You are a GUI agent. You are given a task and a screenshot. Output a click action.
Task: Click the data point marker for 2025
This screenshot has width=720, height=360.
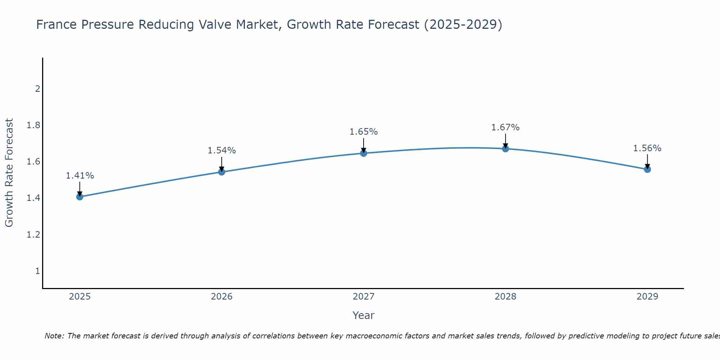(80, 197)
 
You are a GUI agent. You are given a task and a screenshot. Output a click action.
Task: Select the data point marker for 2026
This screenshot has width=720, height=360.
(222, 172)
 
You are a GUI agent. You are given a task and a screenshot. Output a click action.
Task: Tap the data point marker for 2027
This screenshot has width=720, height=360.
(364, 153)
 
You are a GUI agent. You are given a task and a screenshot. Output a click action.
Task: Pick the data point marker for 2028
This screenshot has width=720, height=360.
(505, 149)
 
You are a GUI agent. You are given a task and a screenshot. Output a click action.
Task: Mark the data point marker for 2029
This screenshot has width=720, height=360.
(647, 169)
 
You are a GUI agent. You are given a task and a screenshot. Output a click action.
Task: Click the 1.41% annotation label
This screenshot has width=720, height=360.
(80, 176)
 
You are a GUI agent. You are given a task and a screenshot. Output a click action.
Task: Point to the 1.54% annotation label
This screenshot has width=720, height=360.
(222, 150)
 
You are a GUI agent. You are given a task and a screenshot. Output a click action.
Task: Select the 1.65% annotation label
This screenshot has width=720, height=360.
(364, 132)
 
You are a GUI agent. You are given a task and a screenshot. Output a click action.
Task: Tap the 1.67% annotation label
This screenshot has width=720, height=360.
(505, 127)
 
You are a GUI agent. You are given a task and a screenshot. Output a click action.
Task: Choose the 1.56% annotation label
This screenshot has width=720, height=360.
(647, 148)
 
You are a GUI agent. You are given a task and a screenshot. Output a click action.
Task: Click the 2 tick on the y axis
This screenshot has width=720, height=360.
(37, 89)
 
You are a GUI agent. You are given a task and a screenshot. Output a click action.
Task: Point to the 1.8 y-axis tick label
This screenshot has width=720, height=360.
(33, 125)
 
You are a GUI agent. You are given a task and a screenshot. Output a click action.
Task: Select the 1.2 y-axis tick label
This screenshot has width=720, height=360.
(33, 235)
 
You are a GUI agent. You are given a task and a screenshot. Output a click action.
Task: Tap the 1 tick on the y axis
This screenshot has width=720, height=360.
(37, 271)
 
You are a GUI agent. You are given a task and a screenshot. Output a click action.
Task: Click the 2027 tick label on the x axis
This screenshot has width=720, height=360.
(364, 297)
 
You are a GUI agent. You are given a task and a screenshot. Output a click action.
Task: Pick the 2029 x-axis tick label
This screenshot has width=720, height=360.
(647, 297)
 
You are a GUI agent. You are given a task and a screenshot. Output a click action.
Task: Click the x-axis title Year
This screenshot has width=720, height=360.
(364, 315)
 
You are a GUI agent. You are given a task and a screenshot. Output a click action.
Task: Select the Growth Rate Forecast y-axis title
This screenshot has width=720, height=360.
(9, 173)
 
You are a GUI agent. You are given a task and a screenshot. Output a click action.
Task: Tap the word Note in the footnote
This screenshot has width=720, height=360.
(54, 336)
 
